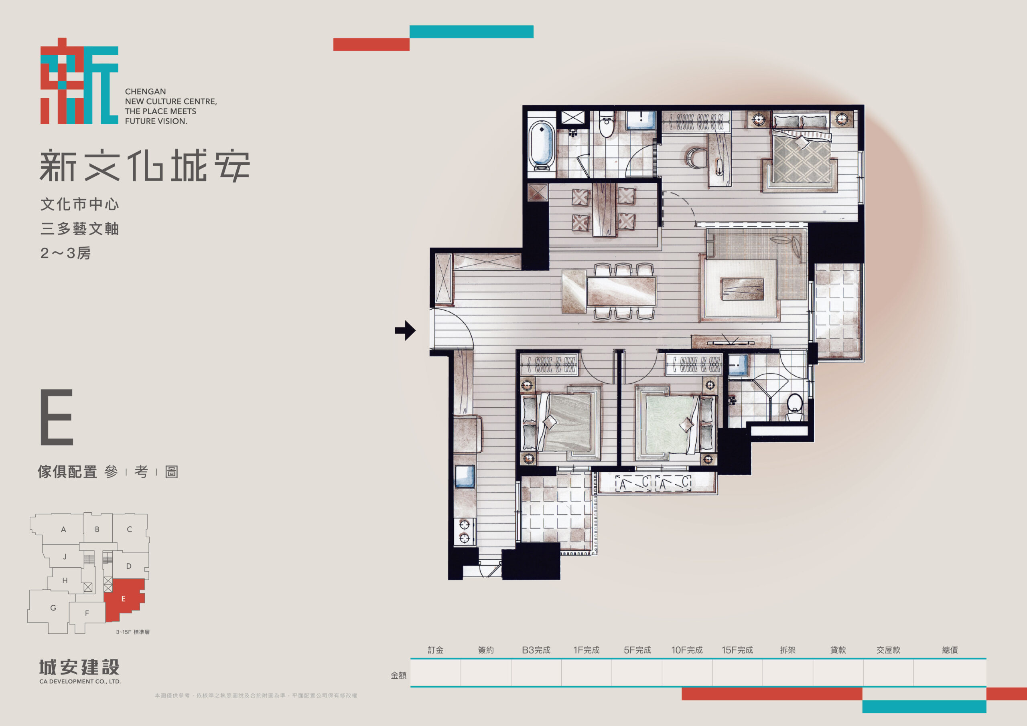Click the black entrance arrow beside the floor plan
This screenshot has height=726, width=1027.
pyautogui.click(x=405, y=330)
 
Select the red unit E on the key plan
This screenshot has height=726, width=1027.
pyautogui.click(x=125, y=599)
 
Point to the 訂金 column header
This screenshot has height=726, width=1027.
pyautogui.click(x=435, y=649)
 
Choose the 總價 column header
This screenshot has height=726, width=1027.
pyautogui.click(x=950, y=649)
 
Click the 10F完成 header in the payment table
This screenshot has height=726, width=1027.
pyautogui.click(x=687, y=649)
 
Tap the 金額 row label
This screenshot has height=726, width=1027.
pyautogui.click(x=398, y=675)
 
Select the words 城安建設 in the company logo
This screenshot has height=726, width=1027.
pyautogui.click(x=79, y=667)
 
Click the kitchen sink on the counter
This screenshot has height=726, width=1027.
pyautogui.click(x=465, y=476)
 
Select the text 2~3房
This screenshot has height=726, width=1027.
pyautogui.click(x=65, y=253)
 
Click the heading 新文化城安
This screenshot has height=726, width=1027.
pyautogui.click(x=144, y=166)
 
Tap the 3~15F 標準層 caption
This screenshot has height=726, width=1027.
pyautogui.click(x=133, y=632)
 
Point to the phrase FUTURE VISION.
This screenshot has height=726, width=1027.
pyautogui.click(x=156, y=121)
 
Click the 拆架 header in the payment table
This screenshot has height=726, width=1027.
pyautogui.click(x=788, y=649)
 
